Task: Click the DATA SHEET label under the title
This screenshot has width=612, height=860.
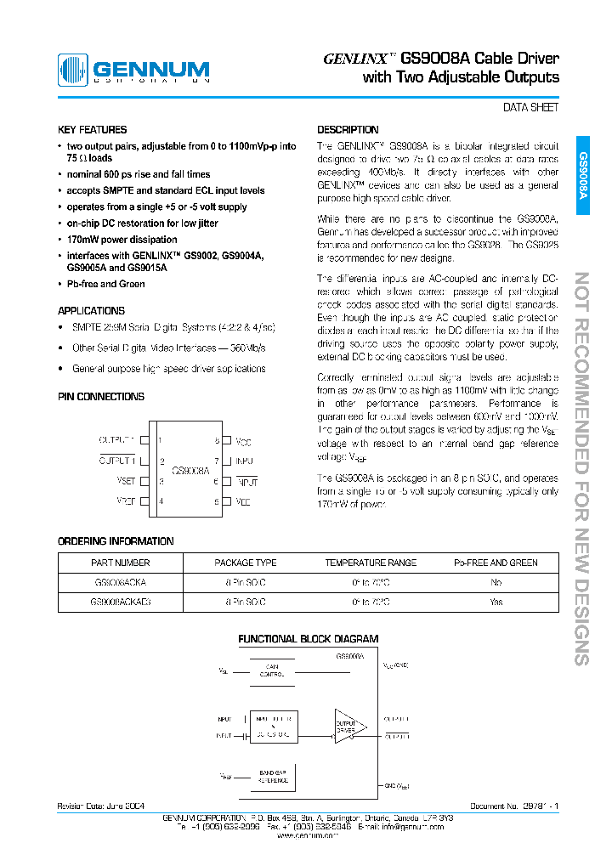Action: tap(531, 108)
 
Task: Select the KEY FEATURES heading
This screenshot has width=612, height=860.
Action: tap(92, 130)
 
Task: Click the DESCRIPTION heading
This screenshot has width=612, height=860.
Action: tap(348, 130)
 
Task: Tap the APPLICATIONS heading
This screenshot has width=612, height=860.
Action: tap(91, 311)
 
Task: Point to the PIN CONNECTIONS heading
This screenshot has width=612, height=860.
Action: tap(101, 397)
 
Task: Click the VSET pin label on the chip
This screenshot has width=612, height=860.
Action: tap(126, 481)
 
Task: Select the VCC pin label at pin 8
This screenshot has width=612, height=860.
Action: tap(243, 442)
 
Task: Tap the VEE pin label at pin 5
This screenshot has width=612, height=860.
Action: tap(243, 502)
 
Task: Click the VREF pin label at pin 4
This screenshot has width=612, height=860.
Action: tap(126, 501)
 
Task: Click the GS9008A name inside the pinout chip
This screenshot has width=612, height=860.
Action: tap(190, 469)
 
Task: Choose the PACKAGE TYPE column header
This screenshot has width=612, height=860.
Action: tap(245, 563)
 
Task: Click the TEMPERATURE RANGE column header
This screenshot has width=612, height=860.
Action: tap(370, 563)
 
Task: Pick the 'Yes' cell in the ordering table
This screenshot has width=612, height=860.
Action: tap(496, 602)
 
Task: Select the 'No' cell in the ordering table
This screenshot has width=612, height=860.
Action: tap(496, 582)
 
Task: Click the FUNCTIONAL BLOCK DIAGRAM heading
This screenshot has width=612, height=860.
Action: tap(308, 639)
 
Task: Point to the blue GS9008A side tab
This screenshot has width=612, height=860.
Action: tap(583, 175)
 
